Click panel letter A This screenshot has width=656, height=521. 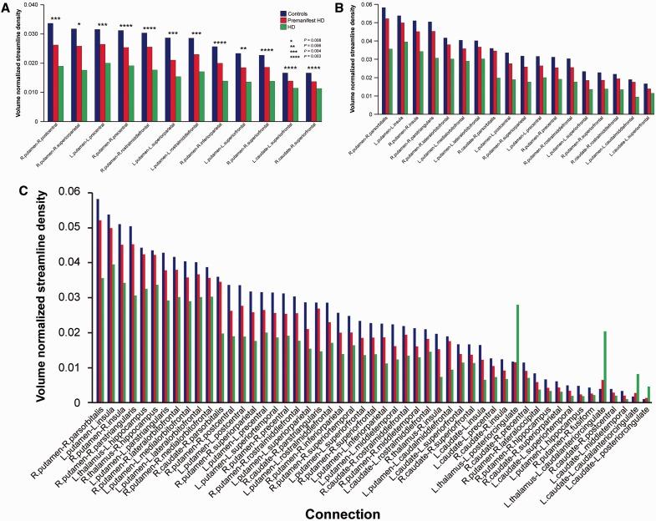point(6,7)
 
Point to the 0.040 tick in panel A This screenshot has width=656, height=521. point(26,6)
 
